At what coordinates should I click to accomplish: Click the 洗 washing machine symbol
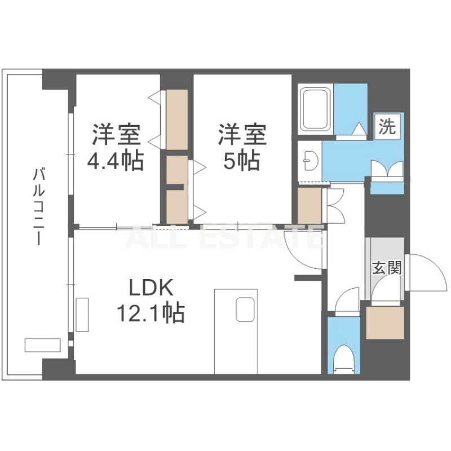(x=387, y=127)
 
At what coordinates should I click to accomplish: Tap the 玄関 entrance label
(x=387, y=268)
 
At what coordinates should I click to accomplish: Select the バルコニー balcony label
(x=38, y=207)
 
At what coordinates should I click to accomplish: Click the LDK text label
(x=151, y=288)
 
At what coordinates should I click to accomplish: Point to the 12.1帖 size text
(x=150, y=313)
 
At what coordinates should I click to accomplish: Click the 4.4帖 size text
(x=115, y=161)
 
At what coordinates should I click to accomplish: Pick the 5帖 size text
(x=242, y=161)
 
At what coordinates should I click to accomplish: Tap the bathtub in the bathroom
(x=315, y=109)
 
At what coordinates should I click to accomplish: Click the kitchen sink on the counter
(x=245, y=309)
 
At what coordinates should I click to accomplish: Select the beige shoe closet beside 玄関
(x=385, y=322)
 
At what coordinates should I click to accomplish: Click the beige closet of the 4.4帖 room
(x=177, y=120)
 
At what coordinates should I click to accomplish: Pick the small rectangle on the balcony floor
(x=42, y=344)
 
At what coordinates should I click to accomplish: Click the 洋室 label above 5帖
(x=242, y=134)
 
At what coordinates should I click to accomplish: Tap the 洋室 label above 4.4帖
(x=116, y=134)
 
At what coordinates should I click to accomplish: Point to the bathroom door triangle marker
(x=359, y=129)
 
